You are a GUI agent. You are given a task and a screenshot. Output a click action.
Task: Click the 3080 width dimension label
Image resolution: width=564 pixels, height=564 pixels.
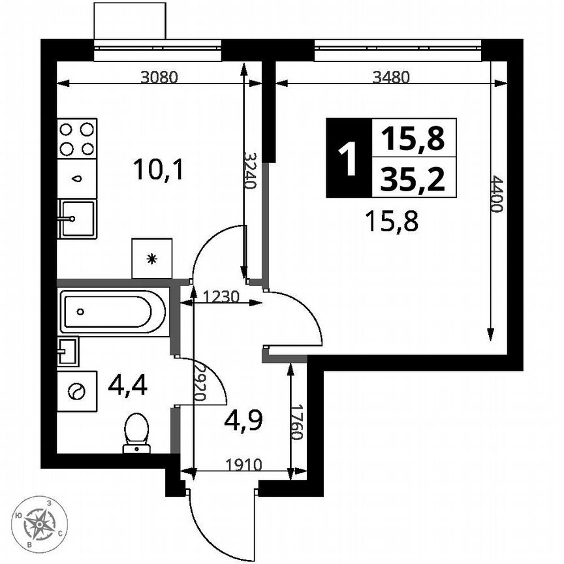pyautogui.click(x=159, y=77)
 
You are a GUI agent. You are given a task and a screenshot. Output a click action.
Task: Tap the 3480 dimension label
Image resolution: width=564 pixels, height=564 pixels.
pyautogui.click(x=390, y=77)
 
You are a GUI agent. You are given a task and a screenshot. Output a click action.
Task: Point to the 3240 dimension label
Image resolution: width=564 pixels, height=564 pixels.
pyautogui.click(x=250, y=170)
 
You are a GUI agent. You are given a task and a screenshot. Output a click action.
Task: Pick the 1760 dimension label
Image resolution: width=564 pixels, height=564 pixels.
pyautogui.click(x=297, y=424)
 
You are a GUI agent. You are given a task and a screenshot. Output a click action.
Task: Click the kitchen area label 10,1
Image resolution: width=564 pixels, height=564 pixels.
pyautogui.click(x=159, y=171)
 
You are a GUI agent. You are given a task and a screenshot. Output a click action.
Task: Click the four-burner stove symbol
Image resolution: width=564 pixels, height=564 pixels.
pyautogui.click(x=76, y=138)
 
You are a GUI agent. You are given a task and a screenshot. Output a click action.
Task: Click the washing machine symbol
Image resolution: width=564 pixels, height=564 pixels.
pyautogui.click(x=77, y=391)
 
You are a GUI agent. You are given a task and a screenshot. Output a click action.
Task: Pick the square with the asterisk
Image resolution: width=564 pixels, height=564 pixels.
pyautogui.click(x=152, y=258)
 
